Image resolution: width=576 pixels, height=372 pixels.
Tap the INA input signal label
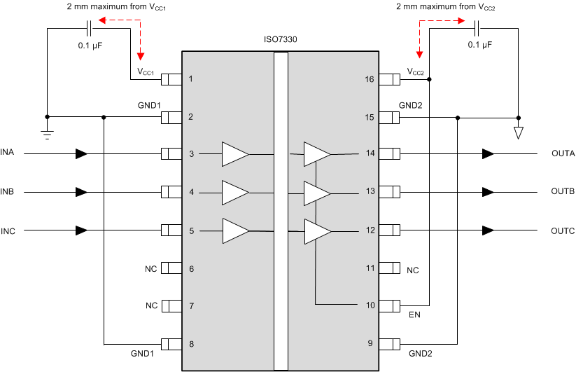pos(8,153)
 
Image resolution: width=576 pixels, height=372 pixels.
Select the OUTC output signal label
pos(563,230)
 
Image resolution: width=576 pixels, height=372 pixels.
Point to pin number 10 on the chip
pos(370,305)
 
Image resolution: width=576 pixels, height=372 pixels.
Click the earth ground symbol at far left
pos(47,133)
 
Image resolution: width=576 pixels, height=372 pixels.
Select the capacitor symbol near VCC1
pos(89,29)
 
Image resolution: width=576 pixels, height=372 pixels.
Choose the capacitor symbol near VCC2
pos(477,29)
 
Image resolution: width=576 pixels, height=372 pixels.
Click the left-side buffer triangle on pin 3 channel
pos(235,153)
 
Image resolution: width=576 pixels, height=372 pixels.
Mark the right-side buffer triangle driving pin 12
pos(317,230)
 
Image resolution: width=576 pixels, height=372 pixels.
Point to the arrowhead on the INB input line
pos(82,191)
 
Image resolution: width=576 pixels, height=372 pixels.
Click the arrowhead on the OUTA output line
pos(488,153)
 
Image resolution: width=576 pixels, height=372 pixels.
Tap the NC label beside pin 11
pos(413,270)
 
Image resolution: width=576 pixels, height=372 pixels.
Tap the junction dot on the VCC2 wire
pos(430,79)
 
